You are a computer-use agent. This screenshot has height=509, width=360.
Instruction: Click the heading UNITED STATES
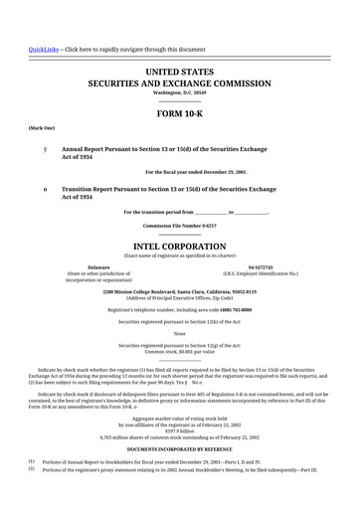(x=179, y=73)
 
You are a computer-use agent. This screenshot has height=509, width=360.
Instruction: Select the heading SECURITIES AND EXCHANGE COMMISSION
(x=179, y=85)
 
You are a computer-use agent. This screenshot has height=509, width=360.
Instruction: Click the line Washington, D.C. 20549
(x=179, y=95)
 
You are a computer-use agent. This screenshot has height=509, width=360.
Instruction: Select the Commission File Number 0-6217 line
(x=179, y=226)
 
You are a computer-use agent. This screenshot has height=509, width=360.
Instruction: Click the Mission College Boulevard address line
(x=179, y=291)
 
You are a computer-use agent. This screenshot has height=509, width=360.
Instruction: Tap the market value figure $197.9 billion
(x=179, y=431)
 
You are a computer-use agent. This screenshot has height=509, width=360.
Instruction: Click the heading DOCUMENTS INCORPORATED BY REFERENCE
(x=179, y=450)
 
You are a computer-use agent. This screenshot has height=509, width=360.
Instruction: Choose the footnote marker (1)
(x=31, y=461)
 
